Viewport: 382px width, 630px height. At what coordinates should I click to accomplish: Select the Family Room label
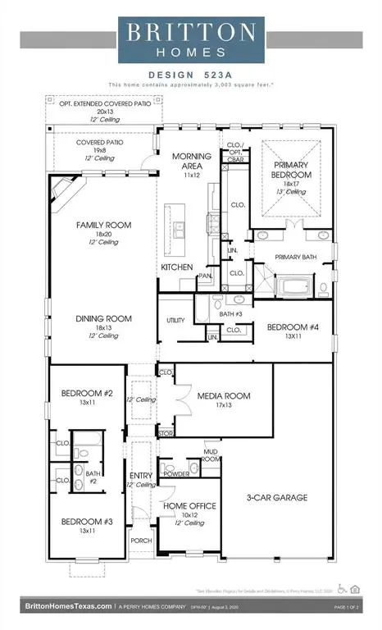click(x=103, y=225)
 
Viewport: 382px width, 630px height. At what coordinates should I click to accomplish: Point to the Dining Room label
click(x=103, y=318)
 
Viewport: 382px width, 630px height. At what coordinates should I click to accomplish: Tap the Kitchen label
click(x=176, y=267)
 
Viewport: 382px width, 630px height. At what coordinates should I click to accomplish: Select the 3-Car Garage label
click(x=277, y=497)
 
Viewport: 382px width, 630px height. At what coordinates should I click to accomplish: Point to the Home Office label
click(x=191, y=506)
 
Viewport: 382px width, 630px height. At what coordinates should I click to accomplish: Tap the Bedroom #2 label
click(x=80, y=394)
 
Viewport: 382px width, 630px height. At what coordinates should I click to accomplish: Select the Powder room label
click(x=177, y=474)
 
